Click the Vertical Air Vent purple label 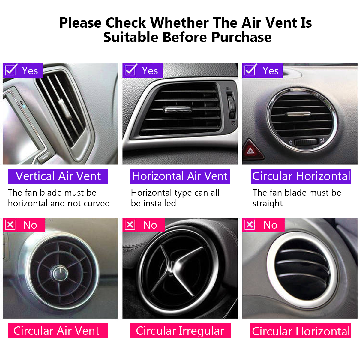click(x=58, y=176)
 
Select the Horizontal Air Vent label click(x=180, y=176)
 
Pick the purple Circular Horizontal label click(x=301, y=176)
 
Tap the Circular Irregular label click(x=180, y=331)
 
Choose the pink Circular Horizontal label click(x=301, y=331)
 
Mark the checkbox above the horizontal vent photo click(x=131, y=70)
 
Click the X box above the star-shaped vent click(x=130, y=225)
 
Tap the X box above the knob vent click(x=10, y=225)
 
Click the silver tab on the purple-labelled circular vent click(x=298, y=114)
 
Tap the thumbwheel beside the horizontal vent click(x=231, y=106)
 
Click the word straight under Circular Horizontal click(x=267, y=204)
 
